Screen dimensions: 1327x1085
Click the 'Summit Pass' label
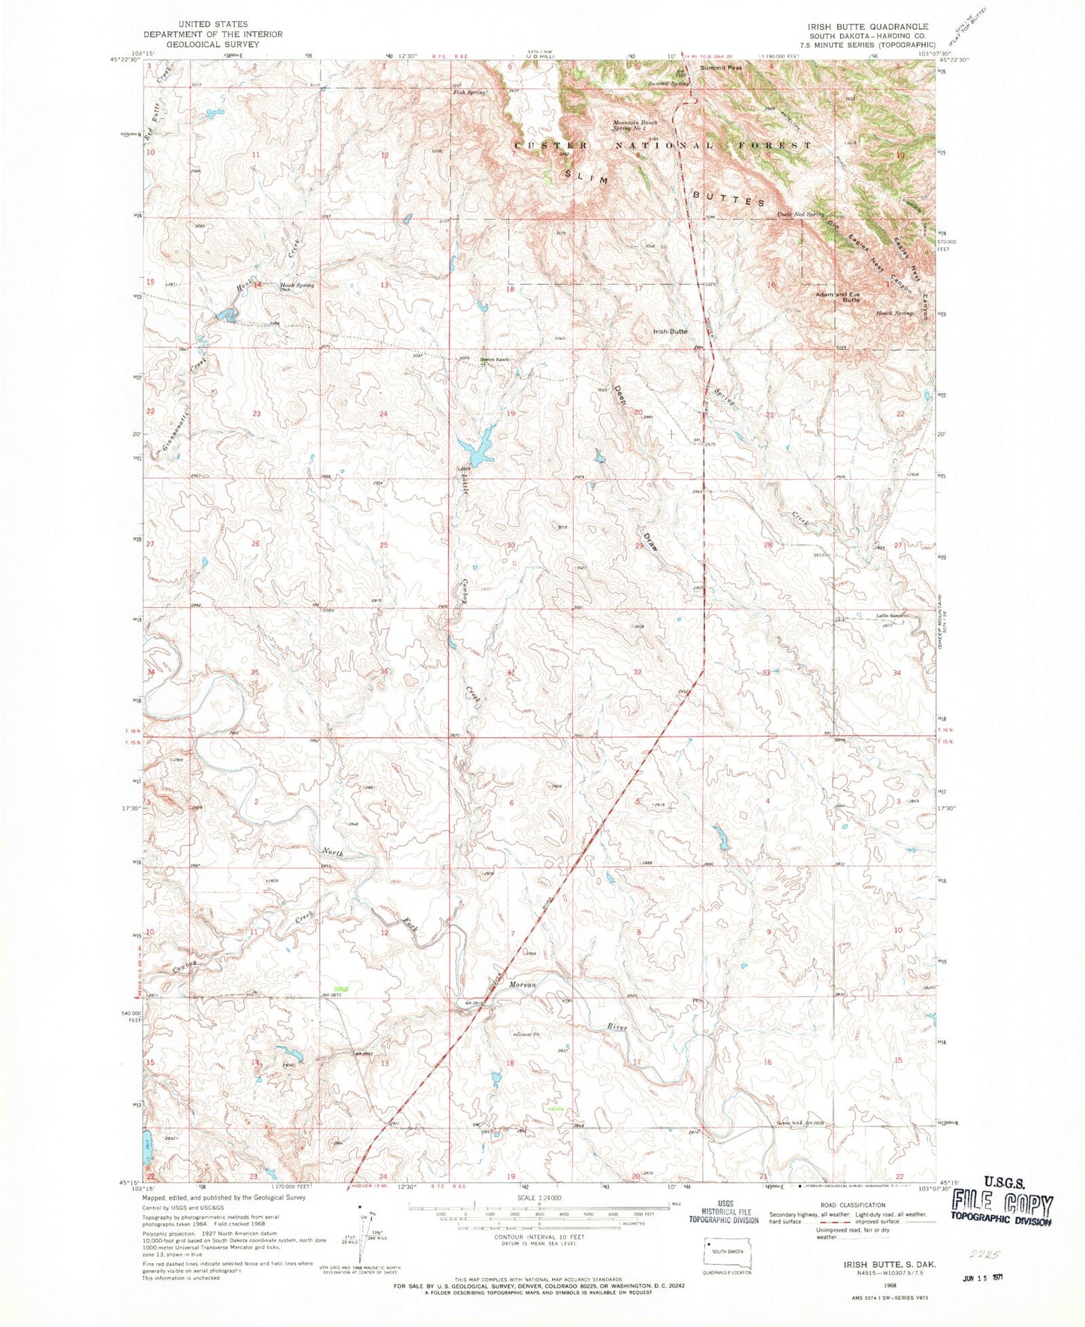tap(721, 68)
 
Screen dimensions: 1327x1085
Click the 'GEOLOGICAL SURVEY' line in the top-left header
tap(212, 44)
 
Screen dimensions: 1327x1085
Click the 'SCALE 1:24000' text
tap(538, 1197)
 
